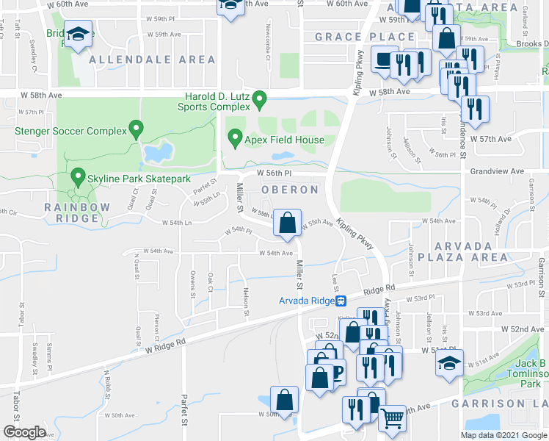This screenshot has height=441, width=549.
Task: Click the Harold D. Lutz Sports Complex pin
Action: click(259, 98)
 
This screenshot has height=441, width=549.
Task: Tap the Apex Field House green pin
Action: click(235, 137)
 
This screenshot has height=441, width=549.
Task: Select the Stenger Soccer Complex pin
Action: click(136, 130)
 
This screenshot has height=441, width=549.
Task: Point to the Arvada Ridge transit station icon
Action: click(341, 301)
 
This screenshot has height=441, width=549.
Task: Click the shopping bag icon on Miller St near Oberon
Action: click(288, 223)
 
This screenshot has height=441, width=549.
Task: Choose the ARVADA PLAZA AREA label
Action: click(464, 251)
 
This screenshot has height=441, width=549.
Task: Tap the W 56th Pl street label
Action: click(274, 173)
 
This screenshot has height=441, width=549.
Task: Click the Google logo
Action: click(24, 431)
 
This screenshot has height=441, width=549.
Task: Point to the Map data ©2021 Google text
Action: click(503, 435)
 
